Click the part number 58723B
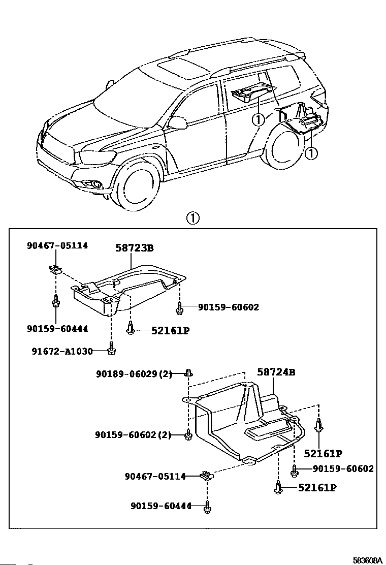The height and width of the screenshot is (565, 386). tap(135, 248)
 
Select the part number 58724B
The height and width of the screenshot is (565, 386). tap(276, 372)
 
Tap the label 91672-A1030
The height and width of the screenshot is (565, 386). tap(62, 351)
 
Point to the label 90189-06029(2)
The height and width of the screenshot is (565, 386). tap(134, 374)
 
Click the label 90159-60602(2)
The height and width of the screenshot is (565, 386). tap(133, 435)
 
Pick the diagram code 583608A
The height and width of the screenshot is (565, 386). tap(367, 560)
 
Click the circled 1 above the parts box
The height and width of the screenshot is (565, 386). tap(192, 218)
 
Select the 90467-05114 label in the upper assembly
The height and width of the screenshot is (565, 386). tap(57, 245)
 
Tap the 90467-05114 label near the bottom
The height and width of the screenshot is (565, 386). tap(155, 477)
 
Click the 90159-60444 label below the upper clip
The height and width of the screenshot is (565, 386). tap(57, 329)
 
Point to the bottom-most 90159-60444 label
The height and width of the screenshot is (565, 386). tap(161, 506)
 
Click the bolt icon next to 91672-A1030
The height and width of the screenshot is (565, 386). tap(112, 348)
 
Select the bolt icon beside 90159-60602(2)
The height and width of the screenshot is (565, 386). tap(188, 435)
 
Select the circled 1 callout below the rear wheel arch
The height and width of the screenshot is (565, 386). tap(311, 153)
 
